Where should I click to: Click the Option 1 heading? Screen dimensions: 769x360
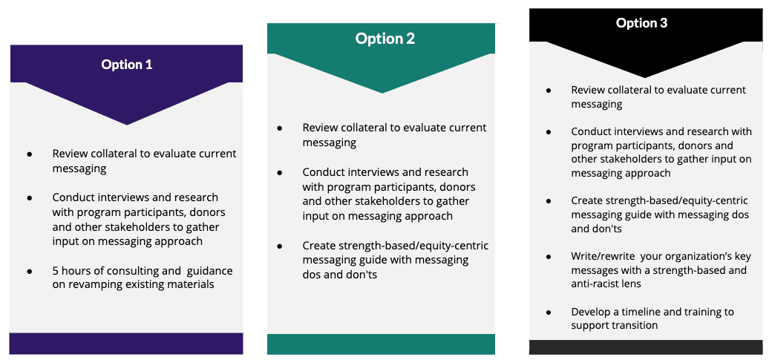coord(126,65)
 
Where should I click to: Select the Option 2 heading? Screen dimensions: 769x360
coord(385,39)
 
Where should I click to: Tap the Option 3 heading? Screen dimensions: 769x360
coord(641,23)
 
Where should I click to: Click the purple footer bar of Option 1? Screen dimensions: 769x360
coord(126,344)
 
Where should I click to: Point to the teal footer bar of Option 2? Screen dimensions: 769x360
coord(381,344)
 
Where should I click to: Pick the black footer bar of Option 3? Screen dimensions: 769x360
coord(646,347)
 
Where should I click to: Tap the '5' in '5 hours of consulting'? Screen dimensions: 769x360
coord(56,271)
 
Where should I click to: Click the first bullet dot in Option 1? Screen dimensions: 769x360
coord(30,154)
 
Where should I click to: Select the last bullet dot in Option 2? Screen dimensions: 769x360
coord(280,246)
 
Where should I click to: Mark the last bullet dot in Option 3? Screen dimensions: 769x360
coord(549,312)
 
